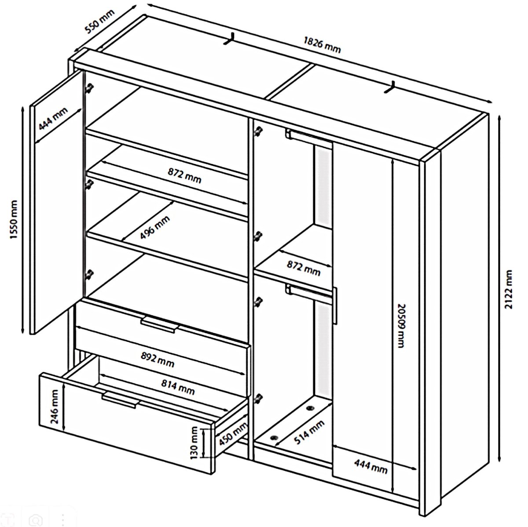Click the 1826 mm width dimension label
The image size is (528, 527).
coord(323,45)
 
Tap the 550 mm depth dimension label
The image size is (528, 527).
coord(100,21)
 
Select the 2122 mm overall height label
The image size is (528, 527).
coord(508,289)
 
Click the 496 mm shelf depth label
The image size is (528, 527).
coord(155,228)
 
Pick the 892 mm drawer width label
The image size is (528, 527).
coord(158,360)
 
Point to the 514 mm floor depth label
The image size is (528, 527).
coord(309,432)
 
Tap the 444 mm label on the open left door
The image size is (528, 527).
coord(53,119)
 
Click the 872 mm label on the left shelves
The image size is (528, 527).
coord(184,175)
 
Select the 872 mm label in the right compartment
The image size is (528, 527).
coord(304,268)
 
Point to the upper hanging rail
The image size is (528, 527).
coord(309,136)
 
